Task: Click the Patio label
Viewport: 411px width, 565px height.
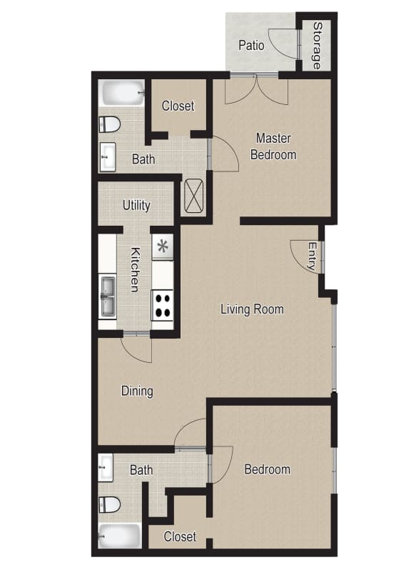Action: (251, 45)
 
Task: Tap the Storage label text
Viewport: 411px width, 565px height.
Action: (316, 45)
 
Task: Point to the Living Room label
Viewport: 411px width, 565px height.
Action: (252, 309)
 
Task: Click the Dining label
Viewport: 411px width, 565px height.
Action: (137, 391)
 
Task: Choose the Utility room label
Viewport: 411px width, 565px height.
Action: (136, 205)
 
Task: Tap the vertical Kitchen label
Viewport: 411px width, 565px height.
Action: (135, 269)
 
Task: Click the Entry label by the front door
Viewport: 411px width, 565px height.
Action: (312, 256)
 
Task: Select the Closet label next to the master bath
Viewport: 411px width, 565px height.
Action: (178, 106)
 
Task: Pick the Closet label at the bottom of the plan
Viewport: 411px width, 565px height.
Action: (180, 536)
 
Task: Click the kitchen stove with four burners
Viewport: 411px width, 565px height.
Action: (163, 305)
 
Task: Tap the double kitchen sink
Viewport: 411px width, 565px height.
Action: (108, 296)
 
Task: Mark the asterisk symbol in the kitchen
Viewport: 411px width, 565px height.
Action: (163, 246)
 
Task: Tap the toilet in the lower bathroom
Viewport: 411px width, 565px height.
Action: (109, 504)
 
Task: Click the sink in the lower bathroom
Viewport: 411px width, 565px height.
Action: (106, 468)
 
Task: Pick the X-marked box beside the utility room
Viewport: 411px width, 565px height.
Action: (195, 195)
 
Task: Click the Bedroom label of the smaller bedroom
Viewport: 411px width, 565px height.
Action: (267, 469)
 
